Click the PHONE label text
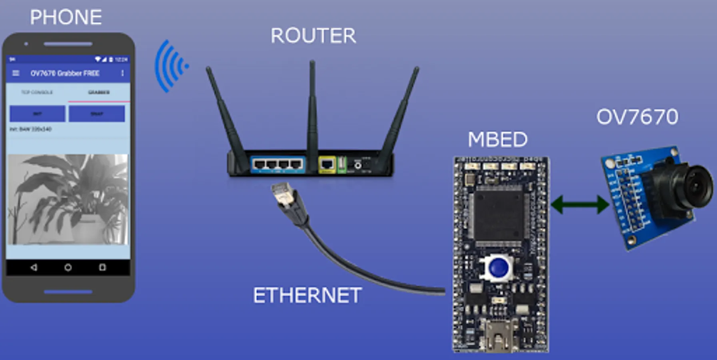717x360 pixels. point(66,18)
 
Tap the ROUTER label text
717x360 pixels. point(313,36)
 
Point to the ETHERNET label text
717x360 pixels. point(307,296)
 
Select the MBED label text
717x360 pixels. point(497,140)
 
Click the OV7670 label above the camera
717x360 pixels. point(637,117)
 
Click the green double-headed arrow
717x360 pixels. point(580,204)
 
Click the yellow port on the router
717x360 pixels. point(327,164)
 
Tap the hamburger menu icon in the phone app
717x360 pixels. point(16,73)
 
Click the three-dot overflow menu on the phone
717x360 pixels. point(122,73)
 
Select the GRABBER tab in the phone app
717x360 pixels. point(99,92)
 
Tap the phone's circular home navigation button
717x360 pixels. point(68,267)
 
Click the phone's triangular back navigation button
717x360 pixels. point(34,267)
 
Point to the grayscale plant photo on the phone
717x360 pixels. point(68,199)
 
